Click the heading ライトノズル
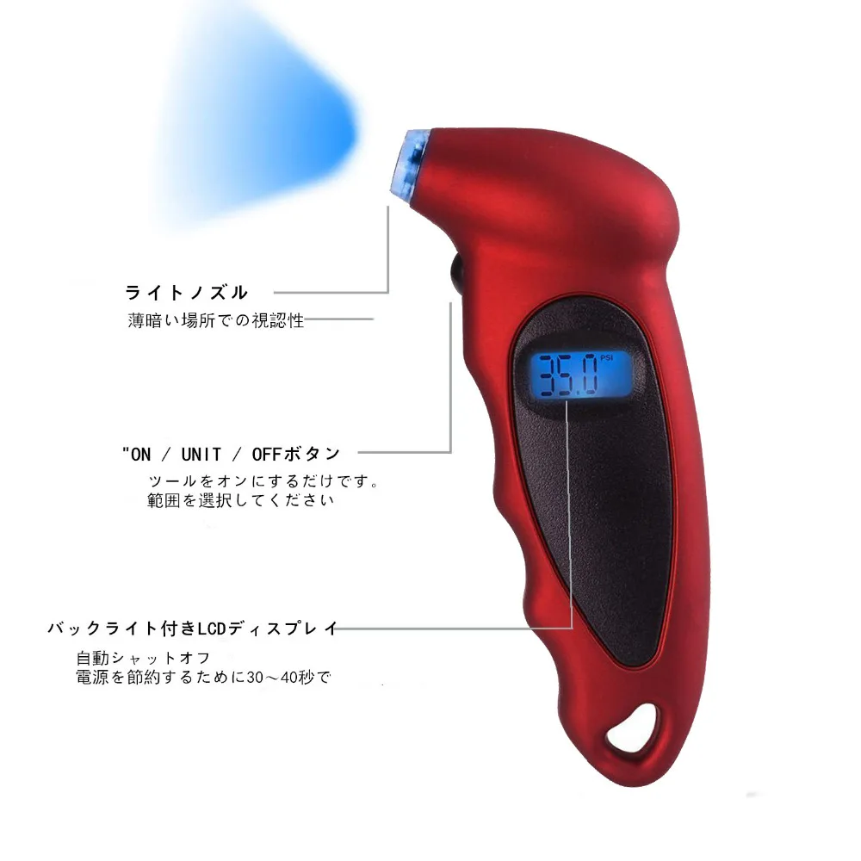187,293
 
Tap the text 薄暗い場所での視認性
216,321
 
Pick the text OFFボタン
296,454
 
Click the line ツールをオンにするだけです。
264,480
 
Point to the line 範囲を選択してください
240,500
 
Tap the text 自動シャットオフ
142,658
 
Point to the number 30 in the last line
256,677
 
